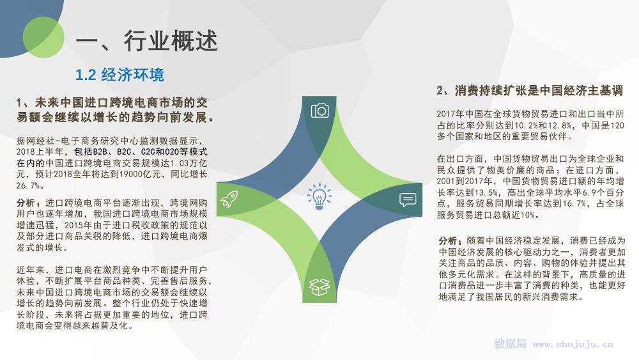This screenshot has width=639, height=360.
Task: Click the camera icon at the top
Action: point(319,110)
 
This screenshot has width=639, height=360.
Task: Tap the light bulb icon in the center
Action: point(319,196)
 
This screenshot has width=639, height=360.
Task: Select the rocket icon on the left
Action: point(229,199)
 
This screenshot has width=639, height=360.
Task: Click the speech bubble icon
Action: point(408,200)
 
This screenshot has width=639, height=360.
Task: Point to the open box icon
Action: point(319,287)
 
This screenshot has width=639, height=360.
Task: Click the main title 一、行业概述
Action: point(147,41)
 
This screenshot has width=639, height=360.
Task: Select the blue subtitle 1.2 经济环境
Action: point(120,75)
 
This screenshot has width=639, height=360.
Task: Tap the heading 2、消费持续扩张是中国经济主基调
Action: point(530,90)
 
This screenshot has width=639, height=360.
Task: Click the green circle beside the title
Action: point(43,37)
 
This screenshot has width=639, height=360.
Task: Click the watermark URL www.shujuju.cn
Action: point(573,345)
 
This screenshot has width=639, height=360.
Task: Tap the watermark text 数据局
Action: point(510,343)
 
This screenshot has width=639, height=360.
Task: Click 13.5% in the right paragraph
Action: point(486,192)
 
